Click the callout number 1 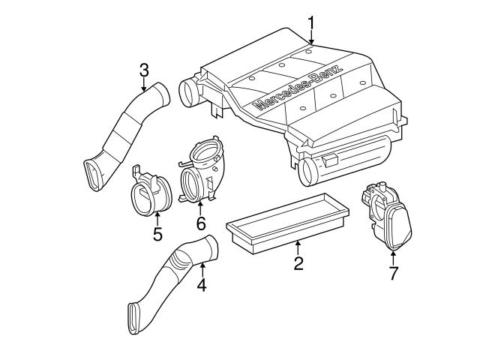(x=311, y=25)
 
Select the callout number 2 (x=298, y=263)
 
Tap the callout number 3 (x=144, y=70)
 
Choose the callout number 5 (x=157, y=234)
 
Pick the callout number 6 (x=200, y=223)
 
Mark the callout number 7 (x=393, y=273)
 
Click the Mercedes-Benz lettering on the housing (x=298, y=88)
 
